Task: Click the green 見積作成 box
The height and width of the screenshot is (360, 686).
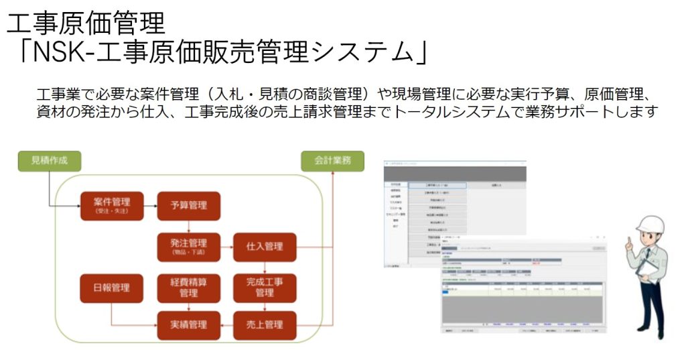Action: click(50, 161)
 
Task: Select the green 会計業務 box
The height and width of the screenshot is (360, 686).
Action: click(333, 161)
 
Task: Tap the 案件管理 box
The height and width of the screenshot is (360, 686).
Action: click(112, 205)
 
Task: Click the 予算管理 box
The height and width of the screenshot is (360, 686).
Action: click(188, 205)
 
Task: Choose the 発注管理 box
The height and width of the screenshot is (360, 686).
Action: click(188, 246)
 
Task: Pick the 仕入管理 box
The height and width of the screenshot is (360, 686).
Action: click(265, 246)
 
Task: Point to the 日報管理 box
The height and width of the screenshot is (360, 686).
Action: click(112, 288)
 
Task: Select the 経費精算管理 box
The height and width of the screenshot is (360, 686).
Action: click(188, 288)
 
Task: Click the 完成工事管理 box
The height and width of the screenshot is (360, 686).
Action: click(265, 288)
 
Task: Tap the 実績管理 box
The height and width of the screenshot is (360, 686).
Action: click(188, 324)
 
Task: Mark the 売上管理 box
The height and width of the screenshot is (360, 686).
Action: click(265, 324)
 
